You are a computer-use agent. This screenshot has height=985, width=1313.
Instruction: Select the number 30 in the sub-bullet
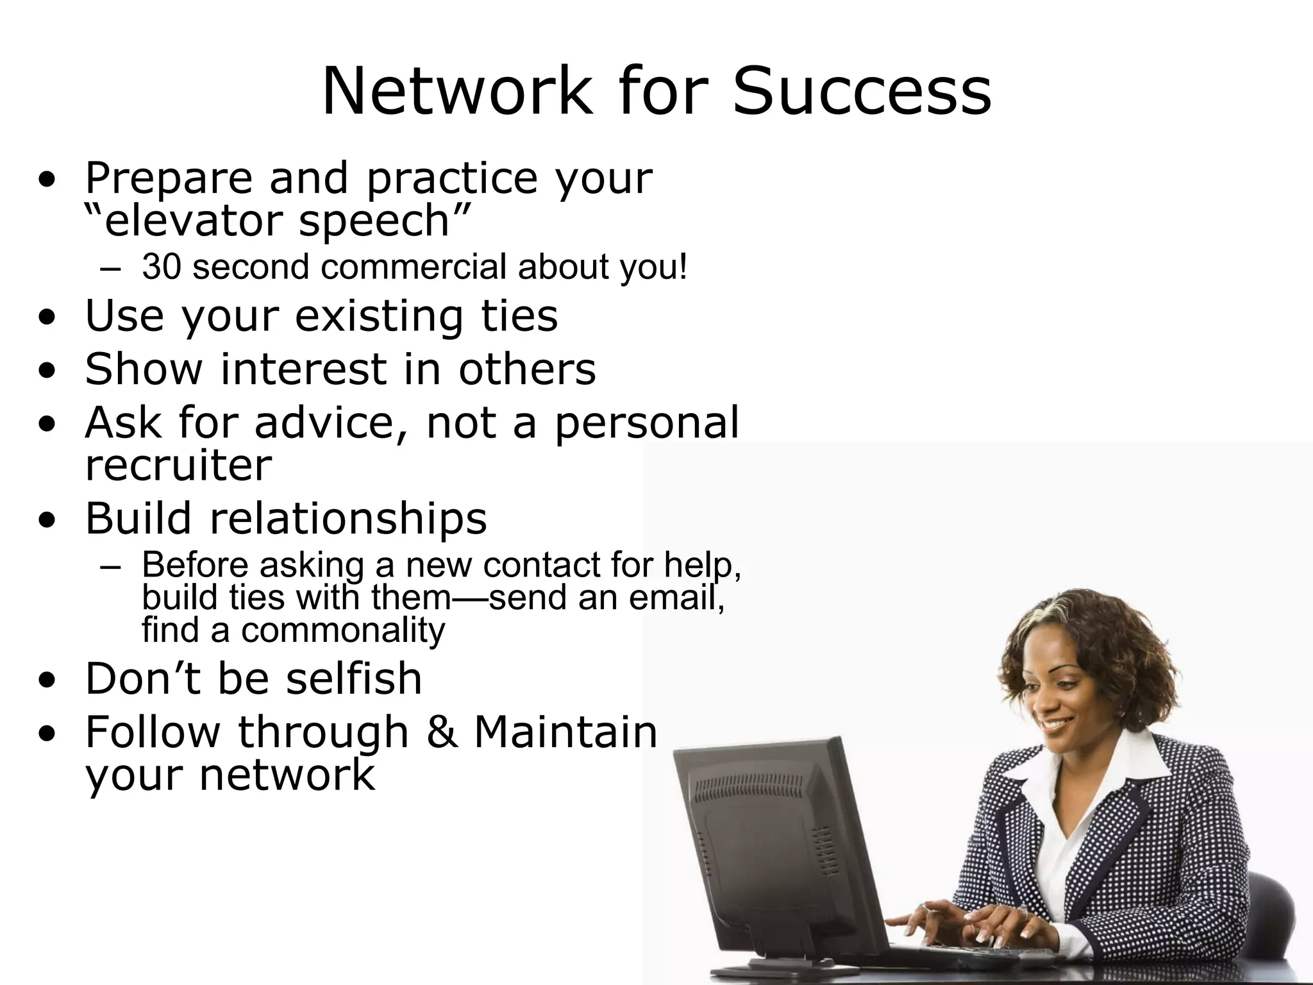161,266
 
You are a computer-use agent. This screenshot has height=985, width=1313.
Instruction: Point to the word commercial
414,266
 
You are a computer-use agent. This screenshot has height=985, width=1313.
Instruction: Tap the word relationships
348,518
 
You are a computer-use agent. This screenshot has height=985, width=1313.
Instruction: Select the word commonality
342,630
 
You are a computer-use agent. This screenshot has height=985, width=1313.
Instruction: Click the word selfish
353,678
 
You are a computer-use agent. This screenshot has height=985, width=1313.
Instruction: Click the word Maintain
565,732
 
